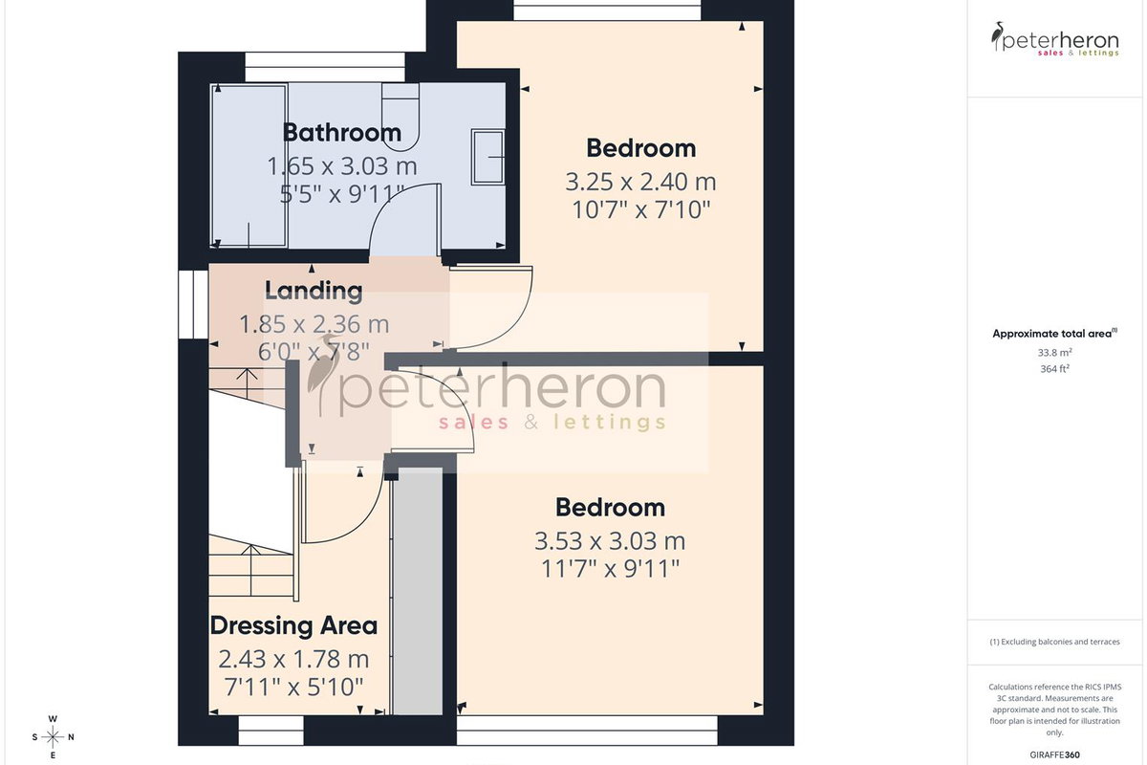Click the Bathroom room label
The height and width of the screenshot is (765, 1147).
click(x=342, y=133)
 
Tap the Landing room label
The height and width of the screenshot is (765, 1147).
click(x=314, y=291)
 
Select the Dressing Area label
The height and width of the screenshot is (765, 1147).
click(x=294, y=625)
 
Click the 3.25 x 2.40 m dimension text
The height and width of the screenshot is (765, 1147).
click(x=640, y=182)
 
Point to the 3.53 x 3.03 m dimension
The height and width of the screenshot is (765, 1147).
click(x=610, y=541)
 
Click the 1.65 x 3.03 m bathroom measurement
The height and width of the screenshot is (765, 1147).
click(x=342, y=166)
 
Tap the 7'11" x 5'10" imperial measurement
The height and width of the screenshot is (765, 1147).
click(x=294, y=687)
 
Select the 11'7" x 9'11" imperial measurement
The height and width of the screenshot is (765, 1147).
click(x=610, y=569)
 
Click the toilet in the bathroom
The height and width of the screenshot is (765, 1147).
click(x=400, y=117)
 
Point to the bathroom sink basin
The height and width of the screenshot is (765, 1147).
click(x=488, y=157)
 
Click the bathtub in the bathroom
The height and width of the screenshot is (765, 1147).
click(x=249, y=166)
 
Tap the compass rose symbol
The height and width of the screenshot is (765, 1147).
click(x=53, y=737)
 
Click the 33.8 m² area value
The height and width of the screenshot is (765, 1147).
click(x=1054, y=353)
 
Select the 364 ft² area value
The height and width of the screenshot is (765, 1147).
click(x=1054, y=368)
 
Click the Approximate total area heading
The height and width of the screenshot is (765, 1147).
click(x=1054, y=334)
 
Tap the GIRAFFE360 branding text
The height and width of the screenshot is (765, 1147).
click(x=1054, y=754)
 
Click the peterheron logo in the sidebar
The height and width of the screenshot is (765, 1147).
click(x=1054, y=39)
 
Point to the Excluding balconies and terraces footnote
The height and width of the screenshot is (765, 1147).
click(x=1054, y=642)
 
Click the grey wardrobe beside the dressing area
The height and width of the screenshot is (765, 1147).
click(x=418, y=591)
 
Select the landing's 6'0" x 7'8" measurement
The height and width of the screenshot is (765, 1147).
click(x=314, y=352)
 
